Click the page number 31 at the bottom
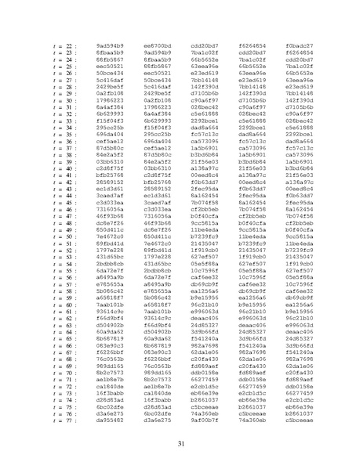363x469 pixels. (181, 445)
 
